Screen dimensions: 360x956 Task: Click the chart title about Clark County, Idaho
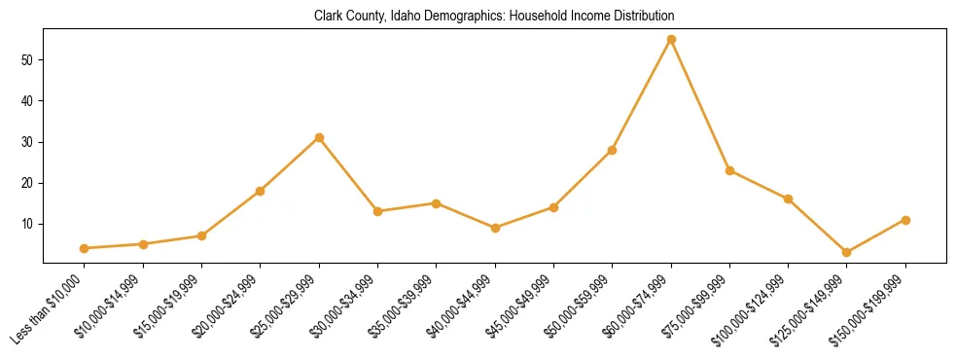(494, 17)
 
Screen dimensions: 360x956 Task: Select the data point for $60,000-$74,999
(671, 39)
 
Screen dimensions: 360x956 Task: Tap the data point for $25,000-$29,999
(319, 137)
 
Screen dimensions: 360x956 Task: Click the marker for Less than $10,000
(85, 248)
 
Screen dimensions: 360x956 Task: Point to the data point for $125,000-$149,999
(847, 252)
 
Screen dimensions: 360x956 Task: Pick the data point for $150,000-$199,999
(905, 220)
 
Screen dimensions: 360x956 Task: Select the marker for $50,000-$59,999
(613, 150)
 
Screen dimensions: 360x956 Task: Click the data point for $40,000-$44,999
(495, 228)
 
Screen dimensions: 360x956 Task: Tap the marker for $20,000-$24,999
(261, 191)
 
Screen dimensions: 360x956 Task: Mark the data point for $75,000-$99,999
(729, 170)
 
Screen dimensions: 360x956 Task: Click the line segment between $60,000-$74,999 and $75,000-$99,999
(700, 105)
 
